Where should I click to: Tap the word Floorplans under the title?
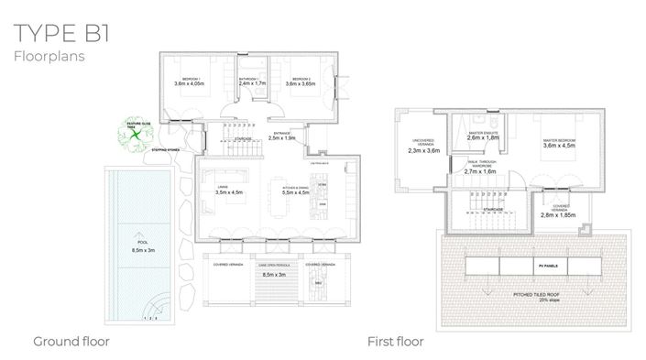click(x=50, y=57)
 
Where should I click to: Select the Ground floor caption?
click(x=71, y=342)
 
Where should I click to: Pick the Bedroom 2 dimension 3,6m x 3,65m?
click(x=303, y=84)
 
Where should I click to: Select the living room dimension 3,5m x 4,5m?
click(x=228, y=192)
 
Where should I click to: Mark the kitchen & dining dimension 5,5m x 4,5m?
click(x=301, y=192)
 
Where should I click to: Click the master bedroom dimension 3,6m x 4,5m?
click(x=560, y=145)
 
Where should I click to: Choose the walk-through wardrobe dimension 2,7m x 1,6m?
click(x=479, y=171)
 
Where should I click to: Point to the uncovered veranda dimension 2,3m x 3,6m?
click(x=424, y=150)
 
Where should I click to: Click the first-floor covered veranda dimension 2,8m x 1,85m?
click(x=560, y=215)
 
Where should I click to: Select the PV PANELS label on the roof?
click(x=544, y=266)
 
